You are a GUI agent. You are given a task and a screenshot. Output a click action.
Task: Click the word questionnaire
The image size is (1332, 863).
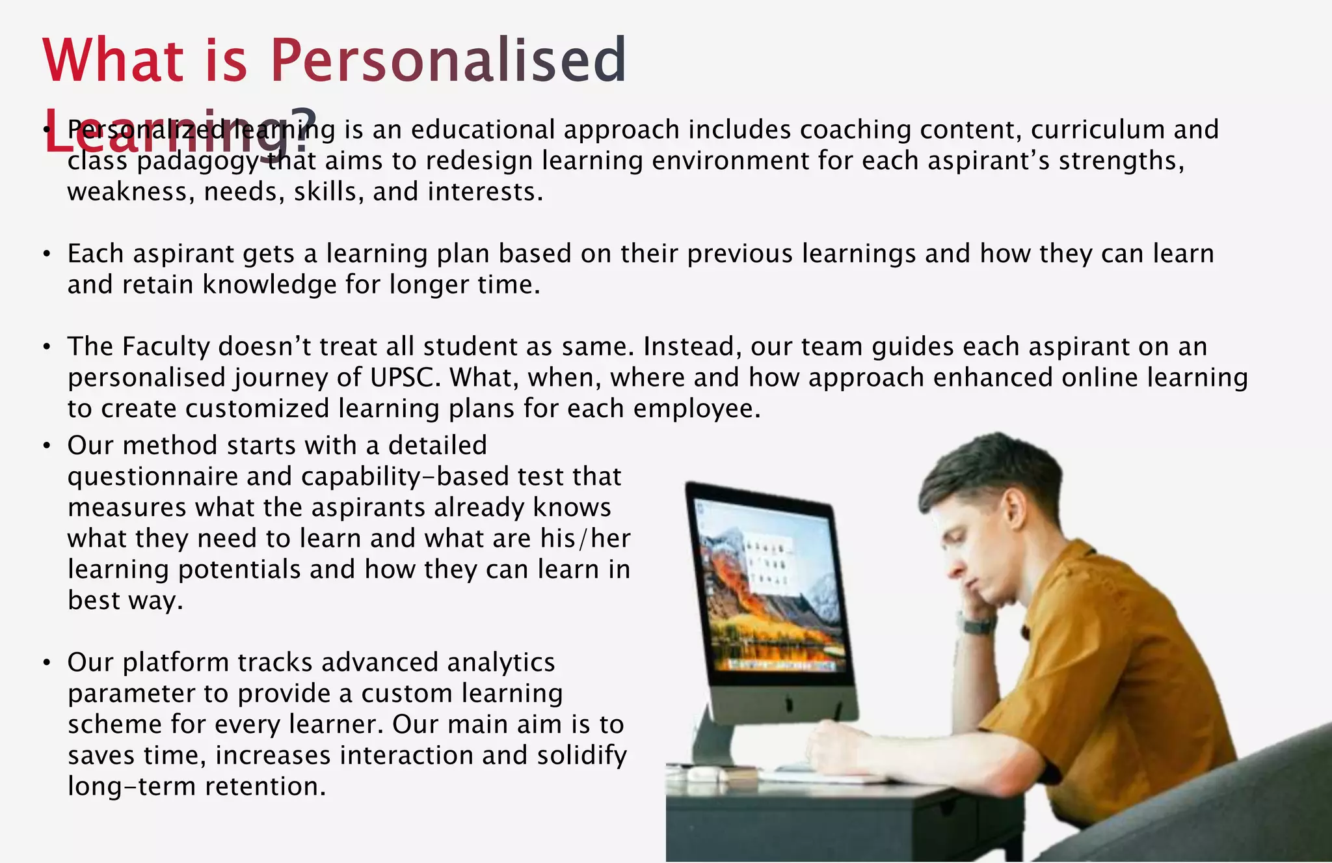click(x=153, y=477)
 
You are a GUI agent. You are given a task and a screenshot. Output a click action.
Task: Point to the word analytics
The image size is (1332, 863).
click(x=501, y=663)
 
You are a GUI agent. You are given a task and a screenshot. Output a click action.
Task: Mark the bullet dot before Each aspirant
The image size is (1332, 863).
click(x=46, y=254)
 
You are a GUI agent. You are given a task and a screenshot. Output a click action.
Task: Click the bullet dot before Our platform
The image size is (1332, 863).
click(x=46, y=663)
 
